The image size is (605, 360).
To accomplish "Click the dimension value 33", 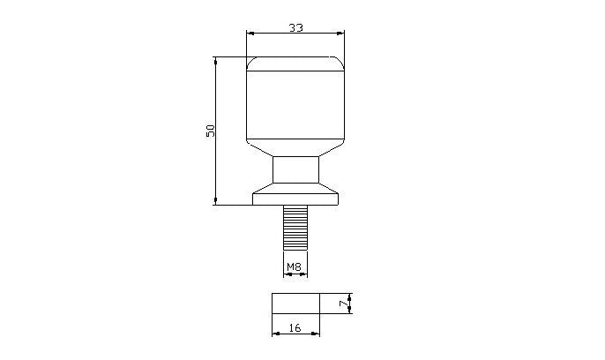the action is (x=296, y=27).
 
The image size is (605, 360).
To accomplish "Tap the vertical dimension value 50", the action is (x=211, y=131).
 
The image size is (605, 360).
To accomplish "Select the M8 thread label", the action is (x=294, y=266).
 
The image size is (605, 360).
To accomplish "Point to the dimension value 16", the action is (x=295, y=327).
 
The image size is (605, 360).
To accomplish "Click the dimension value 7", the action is (x=342, y=304).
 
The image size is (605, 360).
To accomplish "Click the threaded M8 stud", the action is (x=295, y=228).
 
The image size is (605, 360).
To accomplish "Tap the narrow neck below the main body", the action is (x=296, y=169).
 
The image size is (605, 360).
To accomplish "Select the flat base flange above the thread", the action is (x=295, y=199).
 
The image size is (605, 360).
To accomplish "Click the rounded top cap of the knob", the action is (x=295, y=64).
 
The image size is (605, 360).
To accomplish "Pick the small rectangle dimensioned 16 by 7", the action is (x=296, y=304).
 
